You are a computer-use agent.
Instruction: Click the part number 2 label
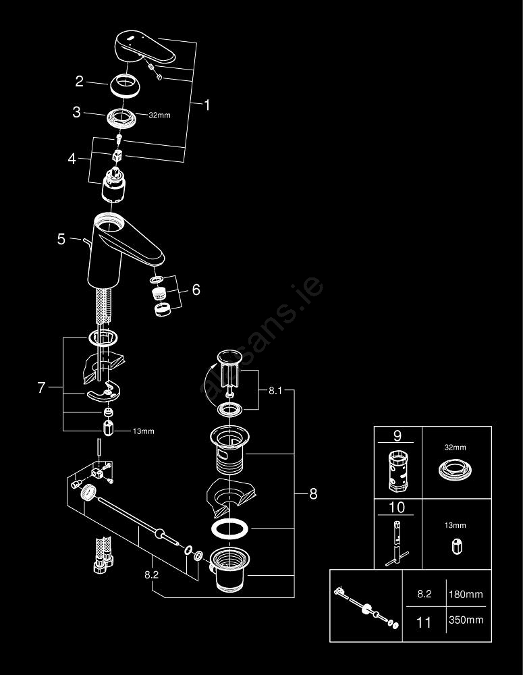[x=79, y=82]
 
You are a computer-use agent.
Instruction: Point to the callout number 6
[x=196, y=290]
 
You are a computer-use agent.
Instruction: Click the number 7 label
[x=42, y=387]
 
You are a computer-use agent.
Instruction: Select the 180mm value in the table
[x=466, y=595]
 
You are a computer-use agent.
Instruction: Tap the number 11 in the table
[x=423, y=622]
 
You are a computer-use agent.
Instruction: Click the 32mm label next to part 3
[x=159, y=115]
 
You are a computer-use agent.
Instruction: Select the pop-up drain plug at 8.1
[x=230, y=368]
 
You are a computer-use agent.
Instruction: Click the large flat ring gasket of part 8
[x=229, y=529]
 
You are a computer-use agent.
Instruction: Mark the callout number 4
[x=73, y=160]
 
